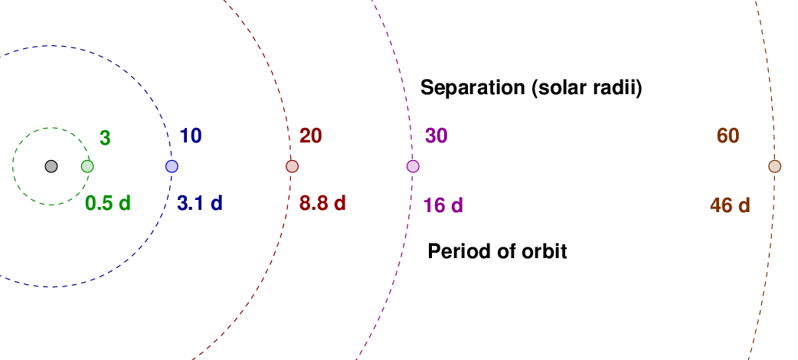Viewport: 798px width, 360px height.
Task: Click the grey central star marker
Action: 51,166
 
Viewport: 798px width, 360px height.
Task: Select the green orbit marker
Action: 87,166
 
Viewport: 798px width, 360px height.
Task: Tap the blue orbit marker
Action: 172,166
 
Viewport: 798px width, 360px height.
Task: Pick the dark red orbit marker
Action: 292,166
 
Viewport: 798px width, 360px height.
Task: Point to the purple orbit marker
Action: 413,166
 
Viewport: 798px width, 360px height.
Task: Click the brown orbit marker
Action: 774,166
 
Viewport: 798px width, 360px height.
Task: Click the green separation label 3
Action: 105,138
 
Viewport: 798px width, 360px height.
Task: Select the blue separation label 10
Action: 191,136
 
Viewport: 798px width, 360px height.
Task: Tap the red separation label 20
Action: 310,136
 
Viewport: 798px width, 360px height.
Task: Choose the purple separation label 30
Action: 437,136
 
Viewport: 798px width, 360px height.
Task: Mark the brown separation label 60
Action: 728,136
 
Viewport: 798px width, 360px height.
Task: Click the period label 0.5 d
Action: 108,203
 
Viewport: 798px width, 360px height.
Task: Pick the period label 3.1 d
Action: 200,203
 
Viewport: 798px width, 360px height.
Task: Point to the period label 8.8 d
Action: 322,203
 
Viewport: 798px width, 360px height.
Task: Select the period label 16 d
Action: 443,206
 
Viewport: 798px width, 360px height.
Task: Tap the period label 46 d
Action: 731,206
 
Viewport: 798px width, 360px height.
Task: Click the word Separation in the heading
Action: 473,88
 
